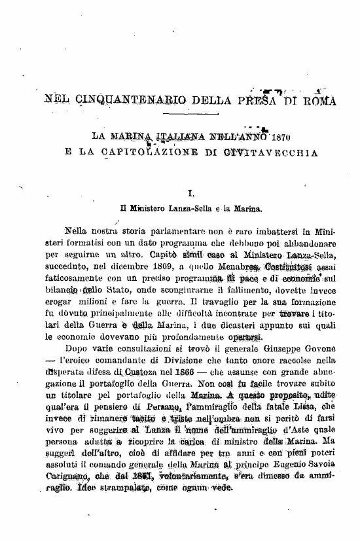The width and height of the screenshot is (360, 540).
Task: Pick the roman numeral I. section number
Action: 190,194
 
